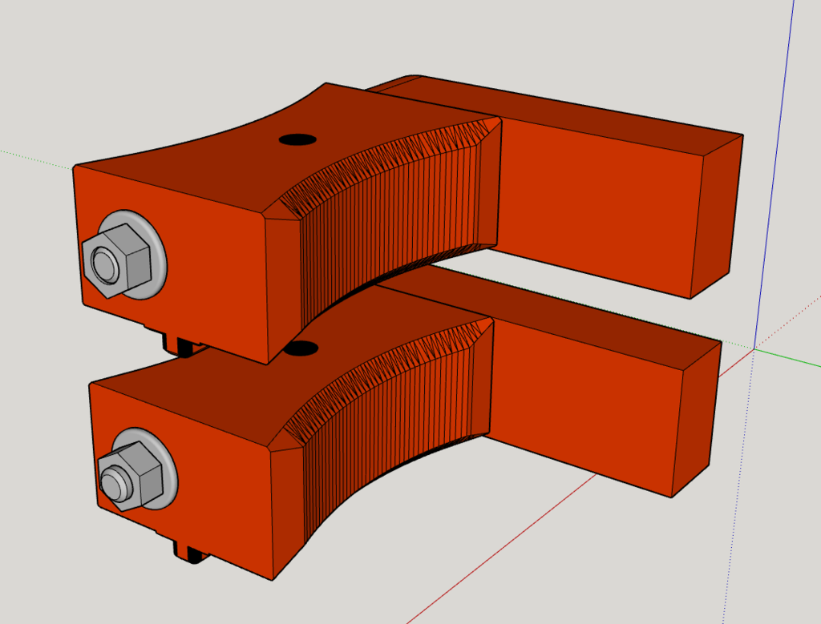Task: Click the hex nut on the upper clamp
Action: click(x=120, y=258)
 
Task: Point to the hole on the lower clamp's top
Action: click(x=302, y=348)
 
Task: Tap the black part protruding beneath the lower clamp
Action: click(x=191, y=553)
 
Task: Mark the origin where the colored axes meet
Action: click(x=754, y=348)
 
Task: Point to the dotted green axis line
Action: click(x=32, y=155)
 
